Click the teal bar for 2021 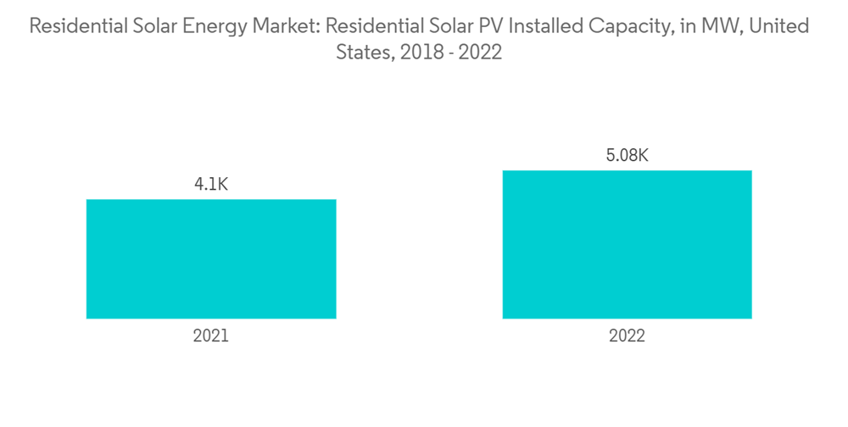(211, 259)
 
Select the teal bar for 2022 (627, 245)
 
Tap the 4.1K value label (210, 184)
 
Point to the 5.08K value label (627, 155)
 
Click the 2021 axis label (210, 335)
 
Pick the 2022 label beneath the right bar (627, 335)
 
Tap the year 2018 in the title (418, 53)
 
